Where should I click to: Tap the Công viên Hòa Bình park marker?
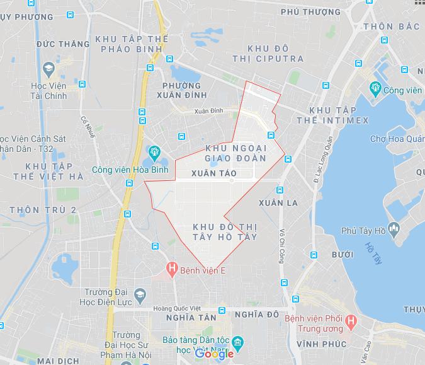[152, 152]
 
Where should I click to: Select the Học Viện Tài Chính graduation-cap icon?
[48, 68]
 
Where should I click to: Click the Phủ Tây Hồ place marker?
[395, 230]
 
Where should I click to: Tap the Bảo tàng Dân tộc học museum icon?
[237, 344]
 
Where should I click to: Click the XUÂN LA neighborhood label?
[278, 202]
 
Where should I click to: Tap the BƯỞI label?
[342, 255]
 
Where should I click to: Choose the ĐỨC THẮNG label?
[63, 44]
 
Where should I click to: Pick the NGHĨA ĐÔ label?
[256, 314]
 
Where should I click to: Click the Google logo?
[214, 354]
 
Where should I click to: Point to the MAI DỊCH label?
[58, 361]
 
